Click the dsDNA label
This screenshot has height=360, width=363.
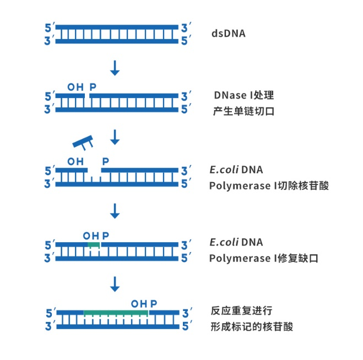pyautogui.click(x=229, y=34)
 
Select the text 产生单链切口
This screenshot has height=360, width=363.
pyautogui.click(x=243, y=111)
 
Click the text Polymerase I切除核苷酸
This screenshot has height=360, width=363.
pyautogui.click(x=269, y=186)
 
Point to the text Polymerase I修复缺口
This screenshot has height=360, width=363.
pyautogui.click(x=264, y=258)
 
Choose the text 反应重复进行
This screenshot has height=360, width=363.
pyautogui.click(x=241, y=310)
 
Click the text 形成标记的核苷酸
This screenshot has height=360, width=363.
pyautogui.click(x=252, y=327)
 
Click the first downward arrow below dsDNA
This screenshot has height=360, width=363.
pyautogui.click(x=115, y=68)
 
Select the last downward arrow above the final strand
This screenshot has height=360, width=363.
pyautogui.click(x=115, y=284)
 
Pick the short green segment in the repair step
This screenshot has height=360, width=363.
pyautogui.click(x=94, y=244)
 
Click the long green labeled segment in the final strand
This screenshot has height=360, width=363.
pyautogui.click(x=116, y=312)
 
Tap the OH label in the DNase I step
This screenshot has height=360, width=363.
pyautogui.click(x=75, y=87)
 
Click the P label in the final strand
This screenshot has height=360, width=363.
pyautogui.click(x=154, y=303)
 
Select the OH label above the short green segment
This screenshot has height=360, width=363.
pyautogui.click(x=91, y=236)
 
